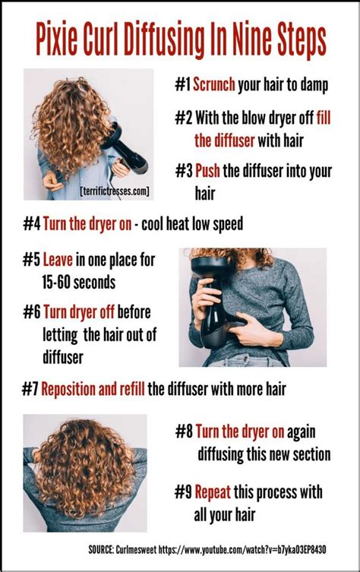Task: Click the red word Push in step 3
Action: coord(207,171)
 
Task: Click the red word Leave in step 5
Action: coord(58,260)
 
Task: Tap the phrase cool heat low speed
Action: coord(199,225)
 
